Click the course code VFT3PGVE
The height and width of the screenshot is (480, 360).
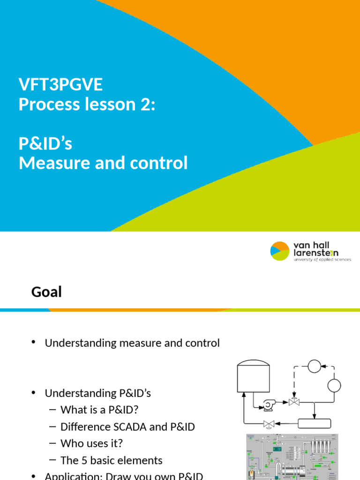click(60, 85)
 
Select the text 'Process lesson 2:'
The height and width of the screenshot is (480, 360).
click(86, 105)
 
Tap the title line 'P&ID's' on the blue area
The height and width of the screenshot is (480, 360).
click(45, 143)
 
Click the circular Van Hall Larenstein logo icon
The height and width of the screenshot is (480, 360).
click(280, 251)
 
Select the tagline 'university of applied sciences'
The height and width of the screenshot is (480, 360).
click(322, 260)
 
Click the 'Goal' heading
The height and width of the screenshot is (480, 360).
click(46, 292)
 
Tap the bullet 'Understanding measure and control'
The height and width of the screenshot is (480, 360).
click(132, 343)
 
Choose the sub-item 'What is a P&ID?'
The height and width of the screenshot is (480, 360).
click(99, 410)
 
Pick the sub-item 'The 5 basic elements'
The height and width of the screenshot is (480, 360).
click(112, 460)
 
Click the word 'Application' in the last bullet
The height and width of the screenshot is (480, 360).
click(70, 476)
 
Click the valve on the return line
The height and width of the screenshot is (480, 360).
click(269, 424)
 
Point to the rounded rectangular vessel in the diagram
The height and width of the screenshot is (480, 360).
click(315, 424)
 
